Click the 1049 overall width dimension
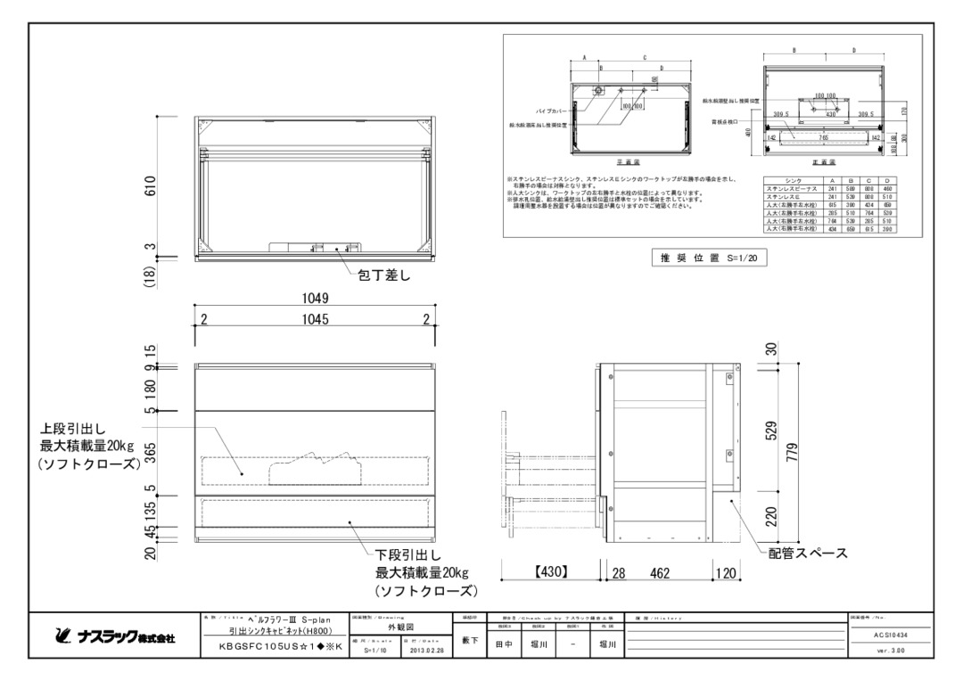(x=315, y=300)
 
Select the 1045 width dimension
(x=315, y=320)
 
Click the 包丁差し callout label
(x=383, y=276)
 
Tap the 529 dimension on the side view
(x=771, y=431)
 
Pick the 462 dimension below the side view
(x=660, y=572)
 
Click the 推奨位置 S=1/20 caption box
(x=704, y=258)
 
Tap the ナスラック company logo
(x=116, y=638)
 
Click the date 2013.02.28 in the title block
(x=428, y=651)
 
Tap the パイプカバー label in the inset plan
(x=553, y=111)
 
